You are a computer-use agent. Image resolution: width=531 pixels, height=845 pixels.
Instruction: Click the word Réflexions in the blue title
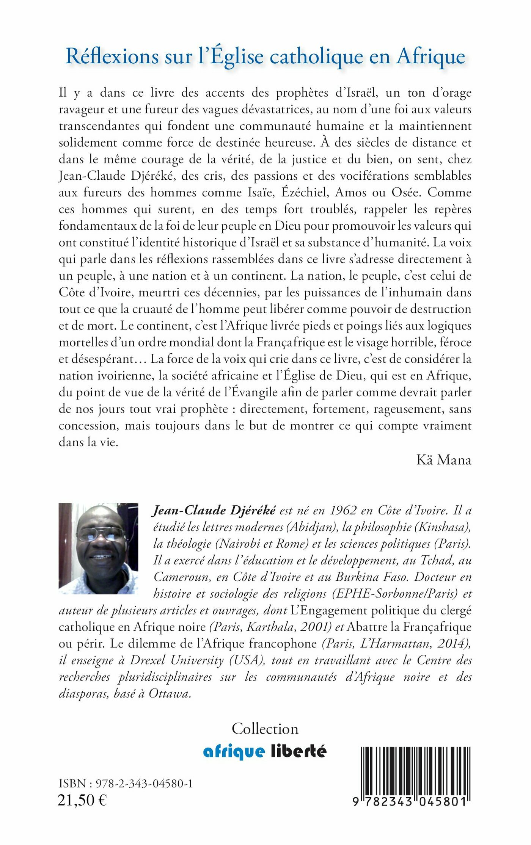pyautogui.click(x=112, y=57)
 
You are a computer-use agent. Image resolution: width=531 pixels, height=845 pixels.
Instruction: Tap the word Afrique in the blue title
pyautogui.click(x=431, y=57)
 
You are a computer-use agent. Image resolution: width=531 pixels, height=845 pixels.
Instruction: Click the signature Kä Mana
pyautogui.click(x=444, y=460)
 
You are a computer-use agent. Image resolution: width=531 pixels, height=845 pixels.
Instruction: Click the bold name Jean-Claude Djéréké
pyautogui.click(x=214, y=511)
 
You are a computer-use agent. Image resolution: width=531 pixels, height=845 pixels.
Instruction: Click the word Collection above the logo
pyautogui.click(x=265, y=729)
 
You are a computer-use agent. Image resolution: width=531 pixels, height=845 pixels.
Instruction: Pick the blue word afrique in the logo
pyautogui.click(x=234, y=751)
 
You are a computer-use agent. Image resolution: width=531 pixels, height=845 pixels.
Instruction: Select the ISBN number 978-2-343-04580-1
pyautogui.click(x=144, y=784)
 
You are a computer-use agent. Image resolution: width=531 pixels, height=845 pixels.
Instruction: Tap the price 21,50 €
pyautogui.click(x=82, y=800)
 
